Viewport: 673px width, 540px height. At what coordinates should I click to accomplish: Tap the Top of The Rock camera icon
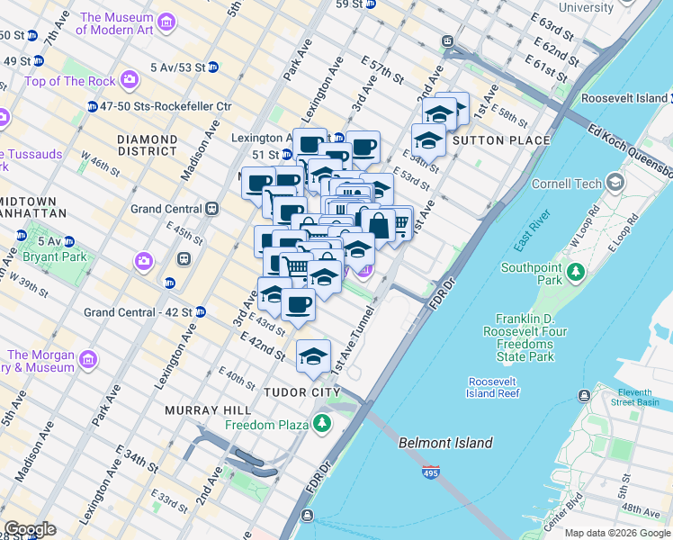pyautogui.click(x=130, y=81)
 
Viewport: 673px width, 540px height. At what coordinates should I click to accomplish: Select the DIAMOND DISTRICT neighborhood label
pyautogui.click(x=148, y=146)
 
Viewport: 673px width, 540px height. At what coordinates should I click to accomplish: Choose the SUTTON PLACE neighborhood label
pyautogui.click(x=501, y=140)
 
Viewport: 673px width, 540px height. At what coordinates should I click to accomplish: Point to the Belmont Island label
pyautogui.click(x=446, y=443)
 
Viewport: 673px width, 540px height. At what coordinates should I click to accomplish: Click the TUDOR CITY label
pyautogui.click(x=301, y=392)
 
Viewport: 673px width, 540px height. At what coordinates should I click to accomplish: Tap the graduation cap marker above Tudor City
pyautogui.click(x=313, y=356)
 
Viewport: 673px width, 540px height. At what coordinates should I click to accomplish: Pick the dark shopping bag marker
pyautogui.click(x=378, y=225)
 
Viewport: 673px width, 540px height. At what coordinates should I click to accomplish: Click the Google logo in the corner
pyautogui.click(x=29, y=529)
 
